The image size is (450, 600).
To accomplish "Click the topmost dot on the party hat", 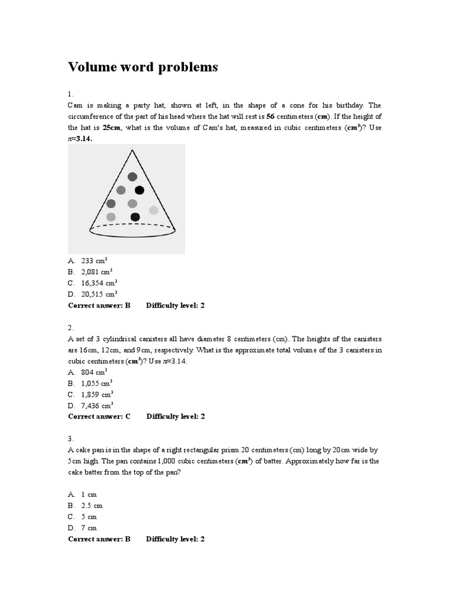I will click(132, 176).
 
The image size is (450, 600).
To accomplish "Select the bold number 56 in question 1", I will click(271, 116).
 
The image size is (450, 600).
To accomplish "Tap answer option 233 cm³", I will click(94, 261).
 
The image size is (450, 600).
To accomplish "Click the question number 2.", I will click(70, 328).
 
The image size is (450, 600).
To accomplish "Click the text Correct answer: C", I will click(99, 417).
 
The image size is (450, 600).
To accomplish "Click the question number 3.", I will click(70, 438).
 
